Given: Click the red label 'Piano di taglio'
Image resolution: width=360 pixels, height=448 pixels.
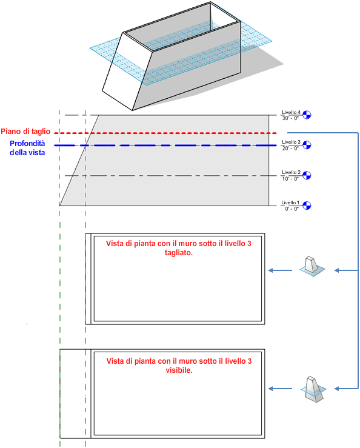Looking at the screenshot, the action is (25, 132).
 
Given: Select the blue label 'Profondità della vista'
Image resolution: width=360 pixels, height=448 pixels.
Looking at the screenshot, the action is (27, 148).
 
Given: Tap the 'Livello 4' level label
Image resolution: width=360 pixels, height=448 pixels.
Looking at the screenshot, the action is (291, 112).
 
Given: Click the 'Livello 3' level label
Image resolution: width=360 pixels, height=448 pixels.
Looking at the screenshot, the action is (291, 142).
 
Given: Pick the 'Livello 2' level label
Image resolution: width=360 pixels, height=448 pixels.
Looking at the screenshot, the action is (291, 172).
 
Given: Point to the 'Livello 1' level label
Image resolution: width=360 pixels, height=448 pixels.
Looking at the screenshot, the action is (290, 202).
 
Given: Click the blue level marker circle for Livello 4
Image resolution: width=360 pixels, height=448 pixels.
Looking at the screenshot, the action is (307, 115).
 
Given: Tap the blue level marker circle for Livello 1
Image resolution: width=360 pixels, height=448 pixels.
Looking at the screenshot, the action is (307, 206).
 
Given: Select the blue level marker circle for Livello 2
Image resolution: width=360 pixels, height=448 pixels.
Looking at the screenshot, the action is (307, 175).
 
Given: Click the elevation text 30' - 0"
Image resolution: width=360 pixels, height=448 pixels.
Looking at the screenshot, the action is (290, 118).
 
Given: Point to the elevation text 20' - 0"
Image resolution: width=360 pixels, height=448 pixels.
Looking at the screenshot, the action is (290, 149).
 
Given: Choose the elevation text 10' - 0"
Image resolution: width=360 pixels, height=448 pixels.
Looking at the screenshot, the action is (290, 179).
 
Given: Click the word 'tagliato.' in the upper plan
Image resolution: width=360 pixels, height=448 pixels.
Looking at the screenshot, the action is (179, 253).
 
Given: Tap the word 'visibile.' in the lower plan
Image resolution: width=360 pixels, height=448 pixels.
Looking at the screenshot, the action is (179, 370).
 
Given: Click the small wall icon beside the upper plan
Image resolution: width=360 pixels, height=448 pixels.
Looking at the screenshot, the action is (312, 266).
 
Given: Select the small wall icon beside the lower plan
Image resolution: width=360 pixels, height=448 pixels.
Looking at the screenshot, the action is (313, 389).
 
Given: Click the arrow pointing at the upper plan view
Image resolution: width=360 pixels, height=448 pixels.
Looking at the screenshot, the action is (280, 270).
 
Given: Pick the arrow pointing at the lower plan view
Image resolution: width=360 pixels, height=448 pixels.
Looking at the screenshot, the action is (280, 389).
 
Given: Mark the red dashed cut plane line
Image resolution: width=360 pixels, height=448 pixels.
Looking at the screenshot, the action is (165, 133).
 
